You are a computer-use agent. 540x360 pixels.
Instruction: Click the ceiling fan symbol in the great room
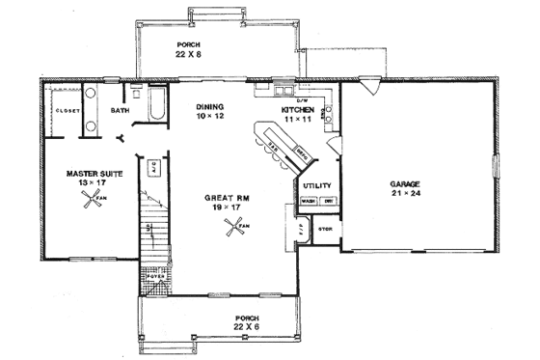[232, 228]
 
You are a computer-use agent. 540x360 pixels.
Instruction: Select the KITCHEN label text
[297, 111]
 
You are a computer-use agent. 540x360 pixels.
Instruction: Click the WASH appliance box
[309, 201]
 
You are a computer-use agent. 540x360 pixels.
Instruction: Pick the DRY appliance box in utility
[327, 201]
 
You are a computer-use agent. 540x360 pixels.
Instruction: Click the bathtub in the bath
[154, 101]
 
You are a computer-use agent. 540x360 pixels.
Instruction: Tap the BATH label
[120, 111]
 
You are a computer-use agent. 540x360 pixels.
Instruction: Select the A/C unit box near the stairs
[153, 167]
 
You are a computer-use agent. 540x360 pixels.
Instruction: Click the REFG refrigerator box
[302, 151]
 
